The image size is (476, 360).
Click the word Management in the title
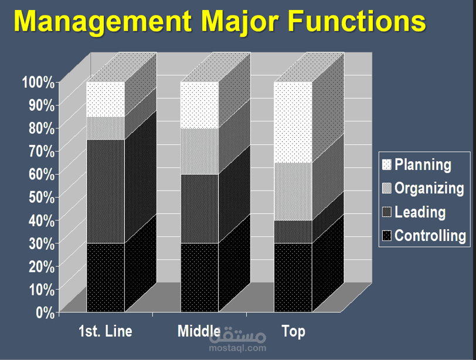[x=103, y=21]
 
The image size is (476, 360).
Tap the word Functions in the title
[x=356, y=21]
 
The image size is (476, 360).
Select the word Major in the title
[x=240, y=22]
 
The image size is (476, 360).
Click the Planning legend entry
[x=416, y=165]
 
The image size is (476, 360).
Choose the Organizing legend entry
[x=423, y=188]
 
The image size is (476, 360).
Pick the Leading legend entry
[x=414, y=212]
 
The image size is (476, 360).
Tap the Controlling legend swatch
[x=386, y=236]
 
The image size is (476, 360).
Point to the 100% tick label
[x=38, y=82]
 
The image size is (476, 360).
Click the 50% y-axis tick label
[x=42, y=198]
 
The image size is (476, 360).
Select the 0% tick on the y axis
[x=45, y=313]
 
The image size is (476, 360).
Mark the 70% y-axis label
[x=42, y=151]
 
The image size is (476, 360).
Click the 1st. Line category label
[x=106, y=331]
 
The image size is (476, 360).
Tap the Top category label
[x=294, y=331]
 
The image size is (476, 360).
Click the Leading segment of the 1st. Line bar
[x=106, y=191]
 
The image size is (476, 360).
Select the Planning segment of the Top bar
[x=293, y=123]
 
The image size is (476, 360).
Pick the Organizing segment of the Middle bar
[x=199, y=151]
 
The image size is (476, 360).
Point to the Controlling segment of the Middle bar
[x=199, y=277]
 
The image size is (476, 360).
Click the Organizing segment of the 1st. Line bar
[x=106, y=128]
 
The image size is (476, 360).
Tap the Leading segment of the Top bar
[x=293, y=232]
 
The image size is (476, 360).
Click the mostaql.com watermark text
[x=237, y=348]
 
